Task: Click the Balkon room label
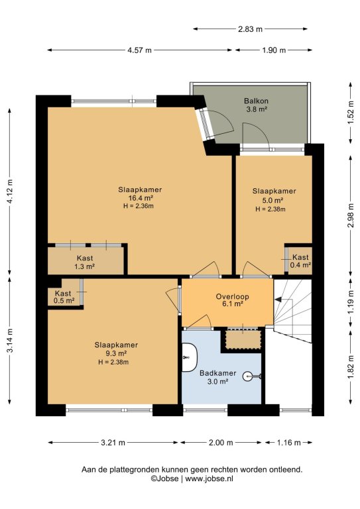pyautogui.click(x=256, y=101)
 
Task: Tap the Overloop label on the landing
pyautogui.click(x=233, y=296)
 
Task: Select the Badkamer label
pyautogui.click(x=217, y=373)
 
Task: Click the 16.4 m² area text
pyautogui.click(x=141, y=198)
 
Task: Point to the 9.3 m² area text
pyautogui.click(x=116, y=353)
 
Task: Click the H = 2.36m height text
pyautogui.click(x=139, y=206)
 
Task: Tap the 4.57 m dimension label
pyautogui.click(x=139, y=50)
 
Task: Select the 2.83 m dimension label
pyautogui.click(x=250, y=29)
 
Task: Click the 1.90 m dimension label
pyautogui.click(x=274, y=50)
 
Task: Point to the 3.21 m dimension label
pyautogui.click(x=113, y=443)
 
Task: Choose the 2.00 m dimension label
pyautogui.click(x=221, y=443)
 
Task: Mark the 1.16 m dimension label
pyautogui.click(x=288, y=443)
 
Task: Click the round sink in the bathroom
pyautogui.click(x=249, y=376)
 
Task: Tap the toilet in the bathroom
pyautogui.click(x=188, y=357)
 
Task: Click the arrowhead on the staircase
pyautogui.click(x=278, y=300)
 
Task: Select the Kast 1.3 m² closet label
pyautogui.click(x=85, y=262)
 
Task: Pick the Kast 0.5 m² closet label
pyautogui.click(x=64, y=297)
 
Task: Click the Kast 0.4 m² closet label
pyautogui.click(x=300, y=261)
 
